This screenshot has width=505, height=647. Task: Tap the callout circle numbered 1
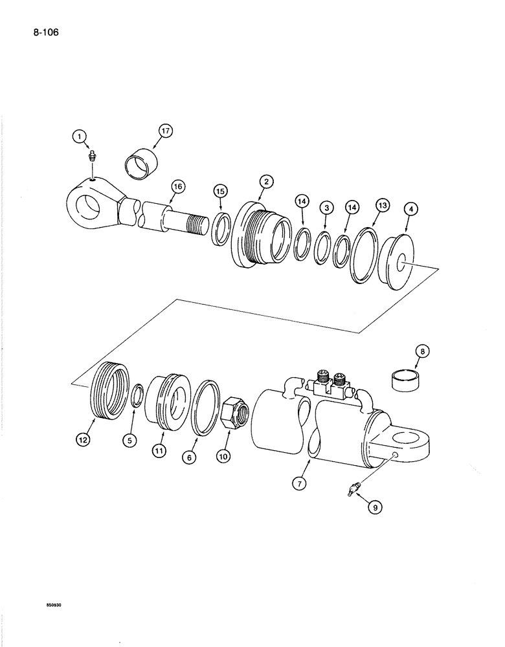point(79,136)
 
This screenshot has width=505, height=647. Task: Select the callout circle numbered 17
point(165,131)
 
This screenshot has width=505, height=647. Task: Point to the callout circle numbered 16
point(178,187)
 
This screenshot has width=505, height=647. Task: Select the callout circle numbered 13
point(382,206)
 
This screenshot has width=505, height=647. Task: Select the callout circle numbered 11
point(159,450)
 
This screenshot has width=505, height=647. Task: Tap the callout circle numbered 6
point(189,457)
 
